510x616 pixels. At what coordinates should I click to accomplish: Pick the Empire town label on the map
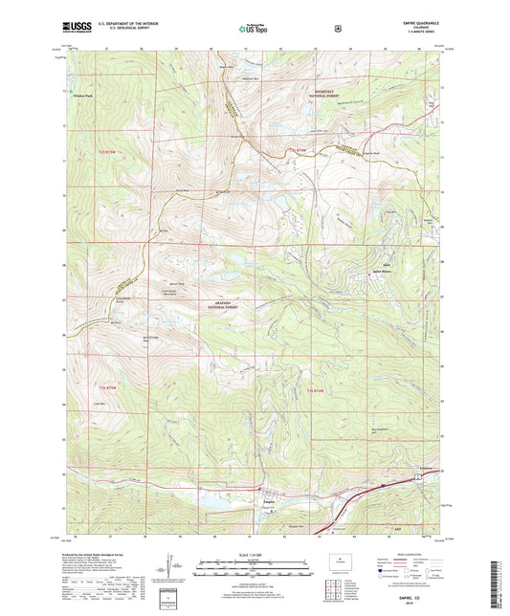point(271,495)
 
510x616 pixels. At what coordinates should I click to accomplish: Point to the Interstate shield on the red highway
point(381,487)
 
